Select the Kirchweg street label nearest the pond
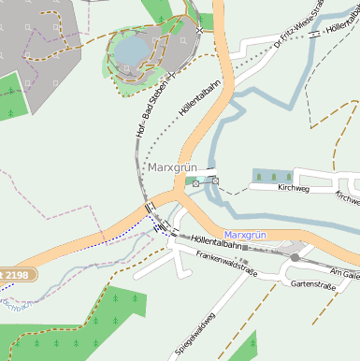click(293, 188)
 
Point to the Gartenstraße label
click(312, 283)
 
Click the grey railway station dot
click(295, 257)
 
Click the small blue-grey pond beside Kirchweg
click(272, 176)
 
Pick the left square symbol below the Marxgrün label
click(195, 183)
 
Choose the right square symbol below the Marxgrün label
click(215, 180)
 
